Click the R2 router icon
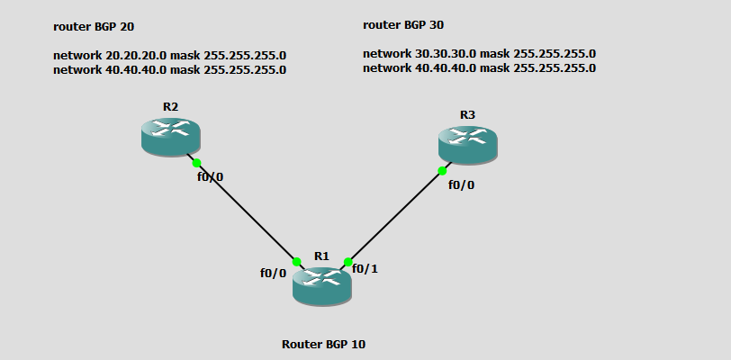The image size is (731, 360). [170, 137]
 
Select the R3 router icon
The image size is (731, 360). [467, 144]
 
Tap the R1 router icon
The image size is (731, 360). [321, 285]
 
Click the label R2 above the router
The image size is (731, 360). [170, 106]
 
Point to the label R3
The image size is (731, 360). [467, 114]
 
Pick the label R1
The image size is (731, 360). [321, 256]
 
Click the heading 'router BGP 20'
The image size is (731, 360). [95, 27]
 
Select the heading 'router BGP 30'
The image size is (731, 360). [404, 24]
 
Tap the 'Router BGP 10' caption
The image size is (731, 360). [323, 344]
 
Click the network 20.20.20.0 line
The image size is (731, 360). [169, 55]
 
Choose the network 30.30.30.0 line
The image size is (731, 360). [479, 53]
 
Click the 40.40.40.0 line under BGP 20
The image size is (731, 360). [169, 69]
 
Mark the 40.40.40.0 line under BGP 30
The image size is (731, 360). [479, 67]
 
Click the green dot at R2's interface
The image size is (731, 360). [196, 163]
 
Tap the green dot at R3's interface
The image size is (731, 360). [442, 170]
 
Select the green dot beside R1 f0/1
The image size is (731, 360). [347, 262]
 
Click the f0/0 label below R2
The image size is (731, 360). [210, 176]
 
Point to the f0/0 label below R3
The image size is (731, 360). [461, 184]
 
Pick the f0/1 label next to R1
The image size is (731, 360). [365, 268]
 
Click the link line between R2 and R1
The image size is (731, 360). [247, 212]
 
